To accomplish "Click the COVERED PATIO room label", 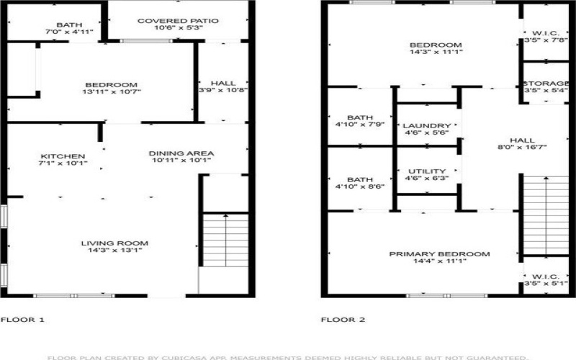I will click(x=177, y=20).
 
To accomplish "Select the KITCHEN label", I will click(x=63, y=156).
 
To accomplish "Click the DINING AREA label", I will click(x=181, y=153).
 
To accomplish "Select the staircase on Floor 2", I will click(x=544, y=215).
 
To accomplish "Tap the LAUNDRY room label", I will click(x=427, y=125).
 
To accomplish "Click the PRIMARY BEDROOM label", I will click(x=439, y=254).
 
